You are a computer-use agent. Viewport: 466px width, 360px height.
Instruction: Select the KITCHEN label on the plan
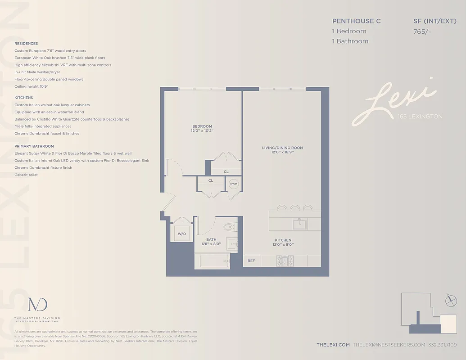click(283, 240)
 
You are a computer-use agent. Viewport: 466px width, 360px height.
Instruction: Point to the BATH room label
click(211, 239)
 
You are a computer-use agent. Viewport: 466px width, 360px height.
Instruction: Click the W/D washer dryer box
click(182, 234)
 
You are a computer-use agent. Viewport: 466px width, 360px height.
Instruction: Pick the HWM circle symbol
click(234, 184)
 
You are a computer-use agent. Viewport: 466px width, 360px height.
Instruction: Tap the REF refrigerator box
click(251, 261)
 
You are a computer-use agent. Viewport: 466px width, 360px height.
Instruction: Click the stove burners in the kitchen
click(285, 261)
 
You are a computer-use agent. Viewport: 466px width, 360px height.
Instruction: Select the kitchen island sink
click(299, 223)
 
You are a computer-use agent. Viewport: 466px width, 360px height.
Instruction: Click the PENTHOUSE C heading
click(353, 21)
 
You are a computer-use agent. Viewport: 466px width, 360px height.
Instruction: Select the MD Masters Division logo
click(37, 305)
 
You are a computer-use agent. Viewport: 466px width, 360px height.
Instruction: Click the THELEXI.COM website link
click(333, 345)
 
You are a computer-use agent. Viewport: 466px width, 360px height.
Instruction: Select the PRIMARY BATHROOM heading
click(34, 146)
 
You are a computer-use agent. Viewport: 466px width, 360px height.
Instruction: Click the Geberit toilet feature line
click(26, 175)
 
